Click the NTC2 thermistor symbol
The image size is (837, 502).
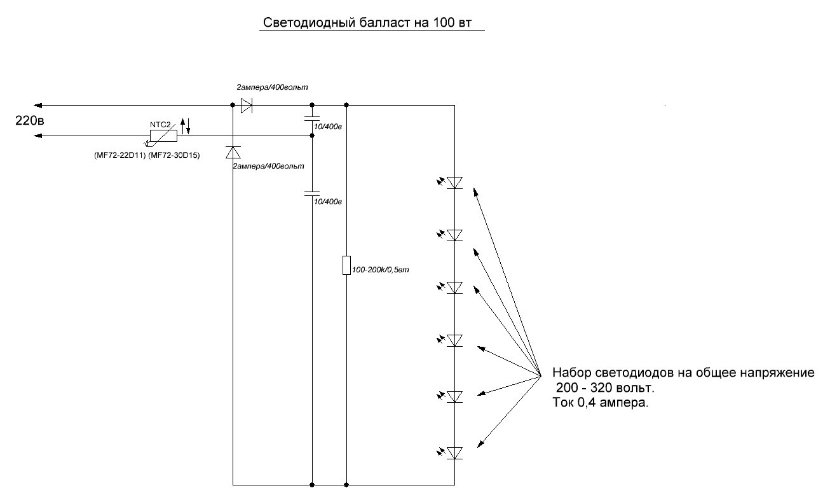pyautogui.click(x=164, y=136)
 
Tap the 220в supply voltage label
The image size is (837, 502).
pyautogui.click(x=29, y=120)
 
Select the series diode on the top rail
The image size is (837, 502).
pyautogui.click(x=246, y=106)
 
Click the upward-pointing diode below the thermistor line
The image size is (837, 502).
pyautogui.click(x=233, y=152)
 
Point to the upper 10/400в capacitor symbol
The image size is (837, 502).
pyautogui.click(x=312, y=118)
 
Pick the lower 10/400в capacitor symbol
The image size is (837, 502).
pyautogui.click(x=312, y=194)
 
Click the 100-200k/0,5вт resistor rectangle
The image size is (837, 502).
pyautogui.click(x=347, y=265)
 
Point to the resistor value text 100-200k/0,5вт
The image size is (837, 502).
pyautogui.click(x=381, y=270)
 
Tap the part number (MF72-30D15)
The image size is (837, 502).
pyautogui.click(x=174, y=155)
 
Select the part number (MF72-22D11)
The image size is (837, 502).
pyautogui.click(x=120, y=155)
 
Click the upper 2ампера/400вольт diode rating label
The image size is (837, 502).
pyautogui.click(x=272, y=87)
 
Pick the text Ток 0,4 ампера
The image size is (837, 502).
pyautogui.click(x=600, y=403)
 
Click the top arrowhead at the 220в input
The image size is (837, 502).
pyautogui.click(x=37, y=106)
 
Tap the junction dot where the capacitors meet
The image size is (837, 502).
pyautogui.click(x=312, y=136)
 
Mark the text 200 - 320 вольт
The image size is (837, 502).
pyautogui.click(x=605, y=388)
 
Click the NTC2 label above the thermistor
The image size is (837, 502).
pyautogui.click(x=160, y=125)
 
